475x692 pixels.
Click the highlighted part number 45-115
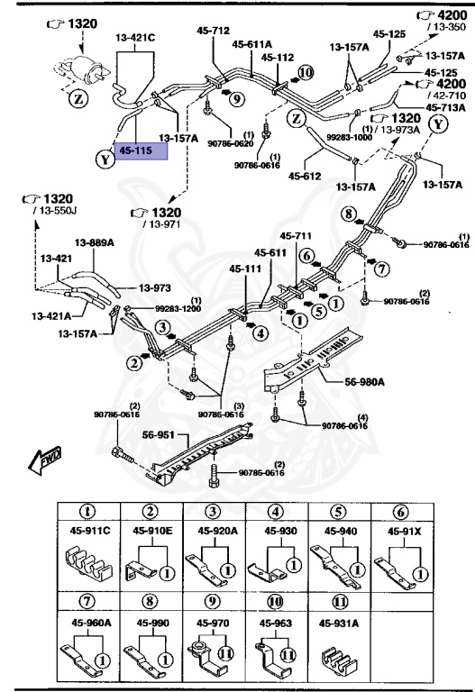142,151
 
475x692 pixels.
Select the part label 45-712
215,30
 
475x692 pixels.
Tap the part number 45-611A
252,42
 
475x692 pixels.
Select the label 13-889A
93,242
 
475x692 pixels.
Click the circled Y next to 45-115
105,159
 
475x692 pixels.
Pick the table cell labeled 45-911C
89,531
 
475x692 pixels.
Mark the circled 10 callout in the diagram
304,71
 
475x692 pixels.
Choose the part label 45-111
246,269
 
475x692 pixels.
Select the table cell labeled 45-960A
89,622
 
